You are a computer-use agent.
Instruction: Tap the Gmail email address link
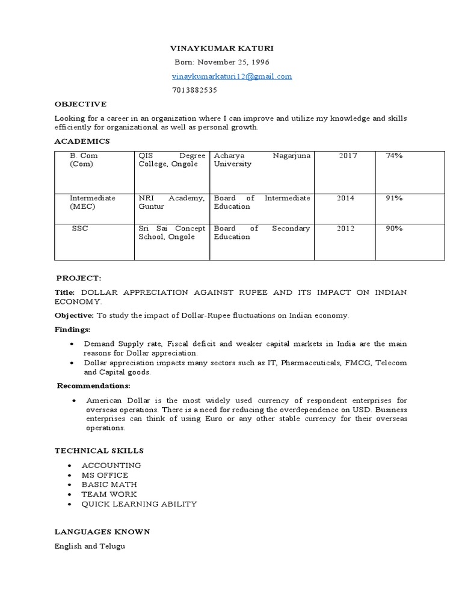(232, 76)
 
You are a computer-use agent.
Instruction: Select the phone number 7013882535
(195, 90)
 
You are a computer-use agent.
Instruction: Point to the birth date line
(222, 62)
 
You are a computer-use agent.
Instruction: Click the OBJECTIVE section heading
(81, 104)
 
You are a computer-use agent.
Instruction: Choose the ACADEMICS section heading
(82, 141)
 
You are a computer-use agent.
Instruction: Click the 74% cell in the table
(395, 156)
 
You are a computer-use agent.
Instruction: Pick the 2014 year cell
(345, 198)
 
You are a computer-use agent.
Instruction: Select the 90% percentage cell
(395, 229)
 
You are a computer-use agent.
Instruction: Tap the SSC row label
(80, 229)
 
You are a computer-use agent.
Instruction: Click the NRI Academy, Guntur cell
(171, 202)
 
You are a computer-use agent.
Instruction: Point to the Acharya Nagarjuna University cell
(262, 160)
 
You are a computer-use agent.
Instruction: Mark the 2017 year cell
(348, 156)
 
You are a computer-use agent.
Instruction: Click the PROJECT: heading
(79, 278)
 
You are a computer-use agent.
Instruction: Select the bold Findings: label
(73, 330)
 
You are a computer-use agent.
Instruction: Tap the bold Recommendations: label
(94, 386)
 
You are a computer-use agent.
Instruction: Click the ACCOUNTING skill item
(111, 466)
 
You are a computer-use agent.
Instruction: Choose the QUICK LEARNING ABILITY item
(139, 504)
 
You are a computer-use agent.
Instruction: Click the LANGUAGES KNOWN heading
(102, 532)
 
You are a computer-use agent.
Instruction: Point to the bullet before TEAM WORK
(70, 494)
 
